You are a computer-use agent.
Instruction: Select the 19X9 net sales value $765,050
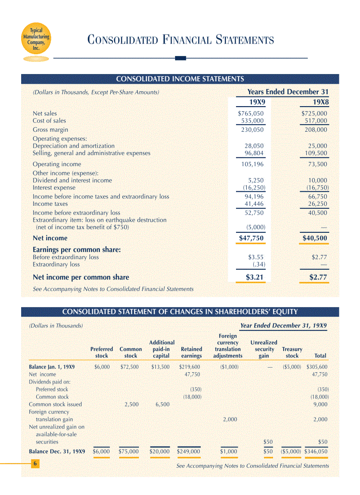pyautogui.click(x=251, y=113)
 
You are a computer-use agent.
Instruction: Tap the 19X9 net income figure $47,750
pyautogui.click(x=251, y=238)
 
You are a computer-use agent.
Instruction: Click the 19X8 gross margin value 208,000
pyautogui.click(x=316, y=130)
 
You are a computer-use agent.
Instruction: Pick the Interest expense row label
pyautogui.click(x=54, y=188)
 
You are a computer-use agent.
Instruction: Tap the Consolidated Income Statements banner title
pyautogui.click(x=180, y=79)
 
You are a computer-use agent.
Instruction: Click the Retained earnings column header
pyautogui.click(x=191, y=352)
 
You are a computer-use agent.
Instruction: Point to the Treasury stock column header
pyautogui.click(x=292, y=352)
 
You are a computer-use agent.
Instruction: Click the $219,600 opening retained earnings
pyautogui.click(x=190, y=367)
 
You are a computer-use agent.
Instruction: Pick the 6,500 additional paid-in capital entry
pyautogui.click(x=162, y=404)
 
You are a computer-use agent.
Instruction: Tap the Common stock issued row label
pyautogui.click(x=55, y=404)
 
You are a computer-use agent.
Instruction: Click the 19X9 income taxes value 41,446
pyautogui.click(x=254, y=204)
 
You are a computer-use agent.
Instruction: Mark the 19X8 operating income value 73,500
pyautogui.click(x=318, y=164)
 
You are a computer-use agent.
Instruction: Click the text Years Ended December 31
pyautogui.click(x=288, y=92)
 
